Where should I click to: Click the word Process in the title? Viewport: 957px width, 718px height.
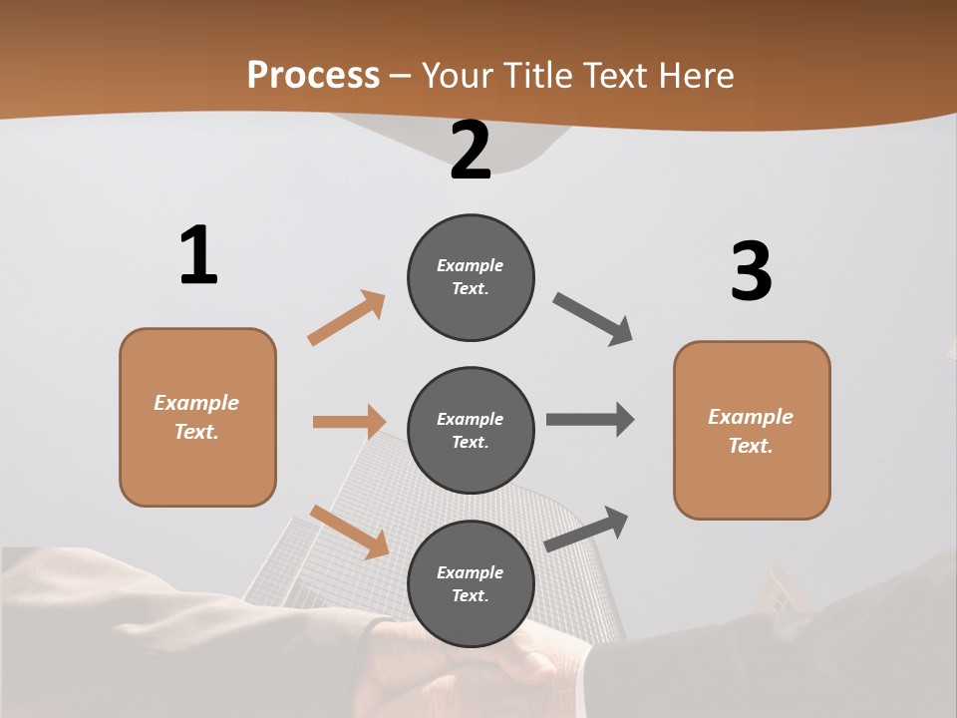tap(313, 75)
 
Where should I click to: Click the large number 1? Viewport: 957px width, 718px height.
tap(198, 256)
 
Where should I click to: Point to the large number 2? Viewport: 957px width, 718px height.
tap(471, 151)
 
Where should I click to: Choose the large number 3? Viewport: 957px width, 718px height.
tap(751, 272)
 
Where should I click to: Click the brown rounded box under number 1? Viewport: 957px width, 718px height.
tap(197, 417)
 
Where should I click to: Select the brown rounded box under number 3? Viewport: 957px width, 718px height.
tap(752, 431)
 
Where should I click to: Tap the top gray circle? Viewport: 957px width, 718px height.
tap(471, 277)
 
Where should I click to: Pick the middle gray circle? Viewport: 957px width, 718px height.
tap(471, 431)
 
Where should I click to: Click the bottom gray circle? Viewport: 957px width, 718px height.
tap(471, 584)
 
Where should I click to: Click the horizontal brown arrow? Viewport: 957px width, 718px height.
tap(349, 422)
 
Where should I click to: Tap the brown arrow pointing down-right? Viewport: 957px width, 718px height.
tap(350, 532)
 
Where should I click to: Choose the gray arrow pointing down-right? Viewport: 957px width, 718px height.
tap(593, 319)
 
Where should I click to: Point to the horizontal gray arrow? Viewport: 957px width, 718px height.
tap(590, 419)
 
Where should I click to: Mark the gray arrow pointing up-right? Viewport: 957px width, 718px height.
tap(587, 529)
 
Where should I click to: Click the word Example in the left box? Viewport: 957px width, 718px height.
tap(196, 403)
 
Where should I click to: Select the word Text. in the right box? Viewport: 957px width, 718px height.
tap(751, 446)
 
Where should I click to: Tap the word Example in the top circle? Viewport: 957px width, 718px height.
tap(471, 266)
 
